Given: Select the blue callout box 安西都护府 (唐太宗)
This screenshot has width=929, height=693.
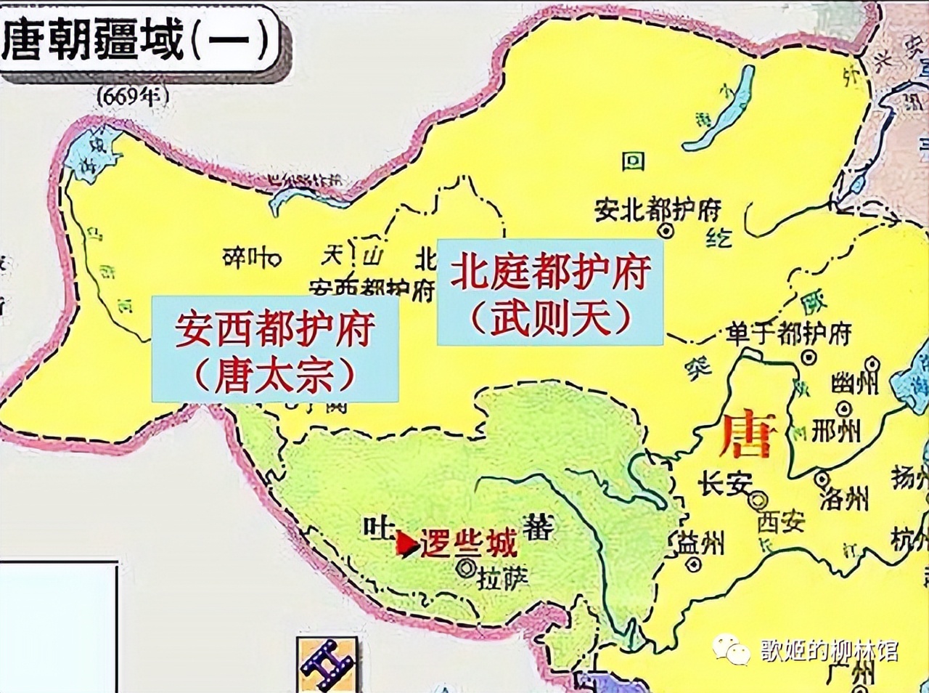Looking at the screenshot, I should (x=275, y=349).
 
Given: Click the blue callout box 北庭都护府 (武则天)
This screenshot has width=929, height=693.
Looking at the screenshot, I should (x=549, y=292).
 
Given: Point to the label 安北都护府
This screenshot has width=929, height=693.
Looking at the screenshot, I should (x=658, y=210).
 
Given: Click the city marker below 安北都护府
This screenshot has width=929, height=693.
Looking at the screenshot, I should (x=665, y=230).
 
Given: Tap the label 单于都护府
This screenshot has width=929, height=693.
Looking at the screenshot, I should (x=788, y=334).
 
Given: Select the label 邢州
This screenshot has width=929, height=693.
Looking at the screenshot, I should (x=835, y=431).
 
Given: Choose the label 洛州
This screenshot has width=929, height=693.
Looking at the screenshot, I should (x=843, y=498).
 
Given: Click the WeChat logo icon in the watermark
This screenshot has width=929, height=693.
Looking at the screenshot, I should (x=731, y=649).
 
